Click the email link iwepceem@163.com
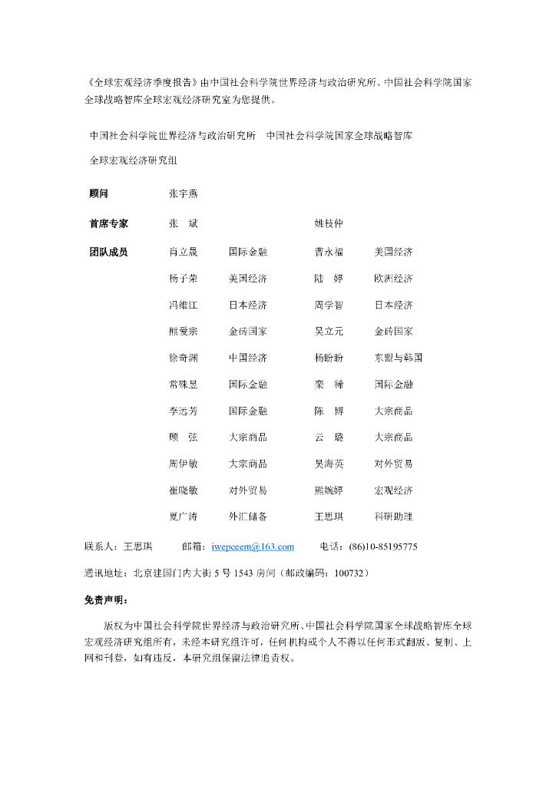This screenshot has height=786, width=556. [253, 547]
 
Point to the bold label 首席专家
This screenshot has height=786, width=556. [108, 223]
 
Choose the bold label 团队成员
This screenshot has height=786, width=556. [108, 252]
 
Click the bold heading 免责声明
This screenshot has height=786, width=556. [106, 600]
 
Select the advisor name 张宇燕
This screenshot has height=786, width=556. [184, 194]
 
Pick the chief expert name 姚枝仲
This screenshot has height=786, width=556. [329, 223]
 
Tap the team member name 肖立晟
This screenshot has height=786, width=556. [184, 252]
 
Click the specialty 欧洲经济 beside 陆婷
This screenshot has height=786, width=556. [393, 278]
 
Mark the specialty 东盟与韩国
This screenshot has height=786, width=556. [398, 358]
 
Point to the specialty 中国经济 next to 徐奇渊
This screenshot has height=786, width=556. [247, 358]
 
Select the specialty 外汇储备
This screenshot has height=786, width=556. [247, 517]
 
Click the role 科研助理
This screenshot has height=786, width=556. [393, 517]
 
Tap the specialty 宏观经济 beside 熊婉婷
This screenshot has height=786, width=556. [393, 490]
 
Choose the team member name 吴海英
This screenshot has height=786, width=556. [329, 464]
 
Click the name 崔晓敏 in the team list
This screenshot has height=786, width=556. [184, 490]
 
